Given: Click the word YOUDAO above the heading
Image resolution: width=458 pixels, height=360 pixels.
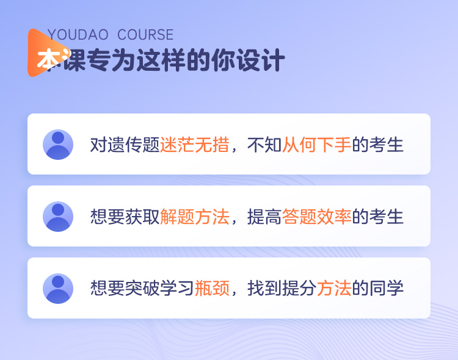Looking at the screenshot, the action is tap(78, 35).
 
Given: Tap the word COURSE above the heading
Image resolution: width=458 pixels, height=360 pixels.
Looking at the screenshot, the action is tap(145, 35).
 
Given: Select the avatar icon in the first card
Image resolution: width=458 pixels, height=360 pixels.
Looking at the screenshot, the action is tap(58, 145).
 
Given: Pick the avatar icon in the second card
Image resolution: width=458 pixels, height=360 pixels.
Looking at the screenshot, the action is tap(58, 217).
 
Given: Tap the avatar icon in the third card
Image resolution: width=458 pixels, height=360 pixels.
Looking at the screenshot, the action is tap(58, 289).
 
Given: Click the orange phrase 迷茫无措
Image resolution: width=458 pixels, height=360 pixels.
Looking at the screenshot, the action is tap(195, 145).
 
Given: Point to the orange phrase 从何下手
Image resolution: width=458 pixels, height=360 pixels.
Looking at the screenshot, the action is tap(316, 145).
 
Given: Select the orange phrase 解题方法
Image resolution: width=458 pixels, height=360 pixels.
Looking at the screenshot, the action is tap(195, 217).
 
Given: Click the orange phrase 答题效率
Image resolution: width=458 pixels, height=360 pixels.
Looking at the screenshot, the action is tap(316, 217).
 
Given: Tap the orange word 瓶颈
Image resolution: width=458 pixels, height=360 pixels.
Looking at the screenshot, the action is tap(212, 289).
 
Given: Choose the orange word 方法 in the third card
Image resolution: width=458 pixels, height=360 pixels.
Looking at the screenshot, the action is tap(334, 289).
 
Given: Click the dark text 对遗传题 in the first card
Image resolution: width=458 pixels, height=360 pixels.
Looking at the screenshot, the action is tap(125, 145).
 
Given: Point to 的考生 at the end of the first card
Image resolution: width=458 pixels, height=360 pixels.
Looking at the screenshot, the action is tap(377, 145).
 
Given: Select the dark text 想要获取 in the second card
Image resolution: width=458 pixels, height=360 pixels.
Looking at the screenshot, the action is tap(125, 217).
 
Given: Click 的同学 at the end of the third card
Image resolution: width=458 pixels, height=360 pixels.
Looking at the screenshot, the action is tap(377, 289).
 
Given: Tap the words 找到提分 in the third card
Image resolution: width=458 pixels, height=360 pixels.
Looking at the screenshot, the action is tap(282, 289).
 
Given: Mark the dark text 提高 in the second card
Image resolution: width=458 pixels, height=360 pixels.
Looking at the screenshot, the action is tap(264, 217).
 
